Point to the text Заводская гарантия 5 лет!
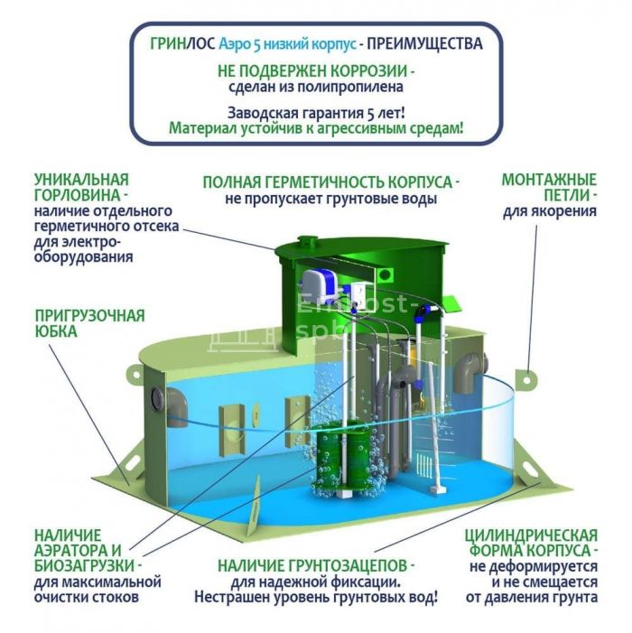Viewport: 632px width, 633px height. (316, 114)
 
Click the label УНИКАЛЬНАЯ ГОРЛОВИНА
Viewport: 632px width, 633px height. (81, 187)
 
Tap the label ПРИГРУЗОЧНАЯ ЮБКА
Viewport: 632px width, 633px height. (89, 323)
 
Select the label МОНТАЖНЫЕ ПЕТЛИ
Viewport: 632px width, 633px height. (549, 187)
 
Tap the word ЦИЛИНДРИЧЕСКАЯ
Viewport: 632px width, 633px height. (531, 535)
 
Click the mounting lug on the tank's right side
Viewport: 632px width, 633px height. (526, 378)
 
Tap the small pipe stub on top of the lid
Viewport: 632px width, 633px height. (307, 243)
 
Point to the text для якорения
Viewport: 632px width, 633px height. (550, 211)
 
